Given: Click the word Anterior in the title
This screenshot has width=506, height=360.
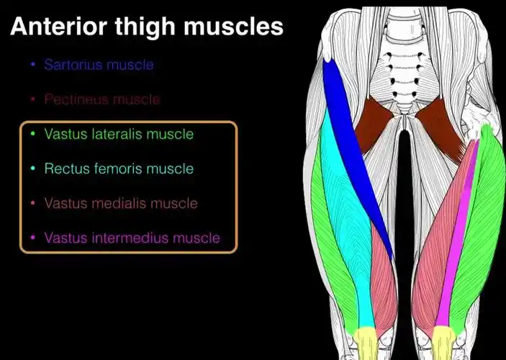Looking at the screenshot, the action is click(x=59, y=26).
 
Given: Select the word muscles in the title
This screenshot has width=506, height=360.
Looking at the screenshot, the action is click(x=234, y=26).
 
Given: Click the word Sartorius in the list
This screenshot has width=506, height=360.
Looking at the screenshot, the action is click(x=73, y=65).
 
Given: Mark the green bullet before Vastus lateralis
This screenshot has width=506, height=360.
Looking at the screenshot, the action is click(x=32, y=133).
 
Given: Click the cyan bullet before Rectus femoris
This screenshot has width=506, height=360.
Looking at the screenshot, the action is click(x=32, y=168).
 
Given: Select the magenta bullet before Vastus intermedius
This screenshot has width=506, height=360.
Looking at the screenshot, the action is click(x=32, y=238).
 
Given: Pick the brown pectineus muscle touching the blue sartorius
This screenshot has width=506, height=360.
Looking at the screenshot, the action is click(x=373, y=125).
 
